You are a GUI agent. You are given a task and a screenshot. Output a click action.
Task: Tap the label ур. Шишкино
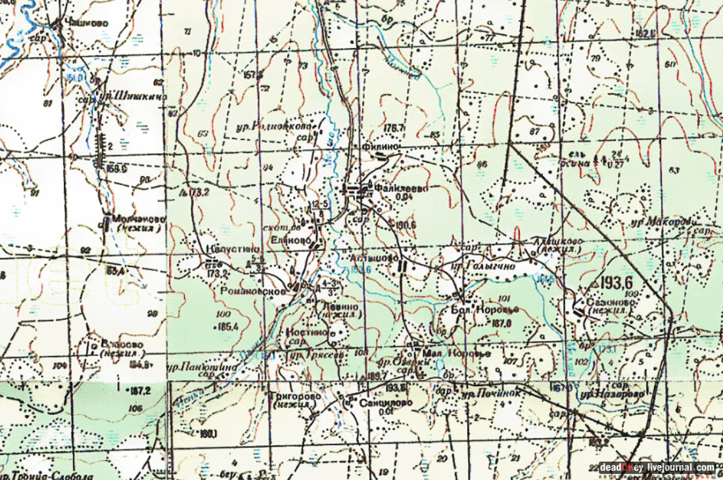(131, 97)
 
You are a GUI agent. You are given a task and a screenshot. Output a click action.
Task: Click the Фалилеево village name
(402, 188)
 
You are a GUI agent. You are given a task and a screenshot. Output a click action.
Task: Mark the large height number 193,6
(615, 282)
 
